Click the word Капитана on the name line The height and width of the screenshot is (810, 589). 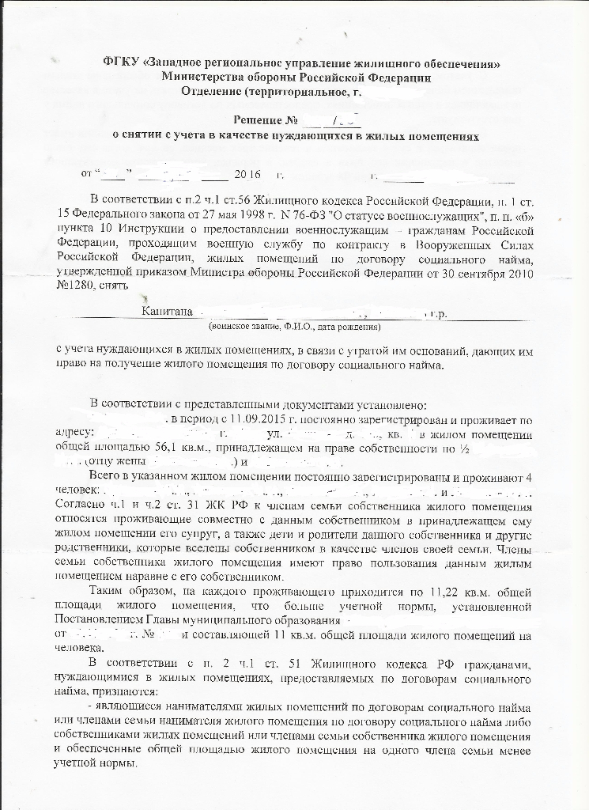[168, 312]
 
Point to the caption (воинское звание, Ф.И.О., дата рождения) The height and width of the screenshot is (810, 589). [294, 326]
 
